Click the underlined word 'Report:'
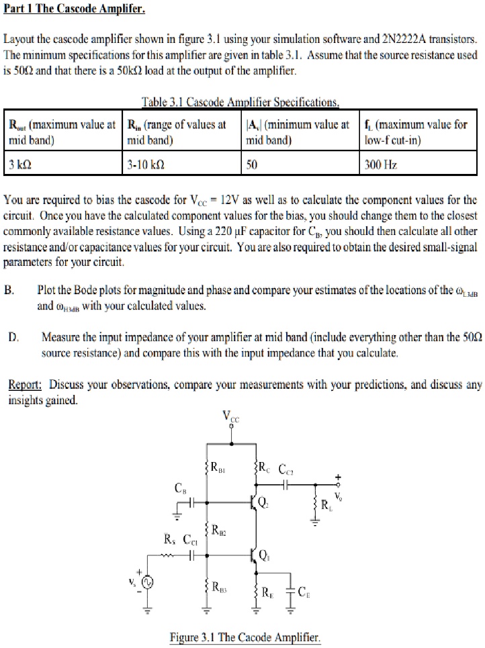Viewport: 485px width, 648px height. [x=25, y=385]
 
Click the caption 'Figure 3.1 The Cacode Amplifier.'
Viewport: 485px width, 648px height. [x=245, y=637]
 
